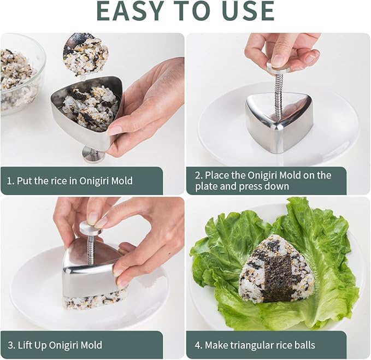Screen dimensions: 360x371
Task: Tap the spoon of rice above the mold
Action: coord(86,54)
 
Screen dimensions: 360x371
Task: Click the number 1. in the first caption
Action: coord(10,181)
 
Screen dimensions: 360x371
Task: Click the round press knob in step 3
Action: coord(90,227)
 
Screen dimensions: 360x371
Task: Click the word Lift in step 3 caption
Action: coord(27,345)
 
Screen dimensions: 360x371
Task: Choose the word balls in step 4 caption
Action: coord(304,345)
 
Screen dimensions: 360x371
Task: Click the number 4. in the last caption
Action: coord(198,345)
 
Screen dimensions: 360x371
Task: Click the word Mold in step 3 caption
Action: coord(91,345)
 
